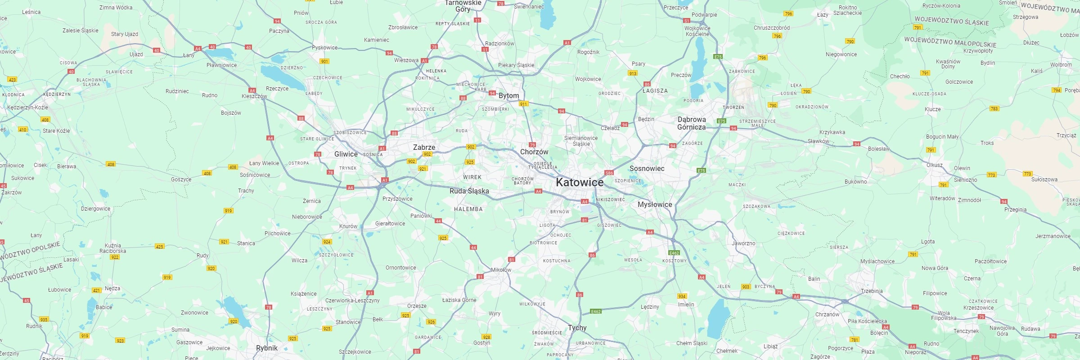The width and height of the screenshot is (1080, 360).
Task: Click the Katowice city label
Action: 580,182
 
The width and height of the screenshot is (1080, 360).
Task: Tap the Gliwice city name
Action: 346,154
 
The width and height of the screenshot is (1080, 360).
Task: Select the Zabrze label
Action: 424,147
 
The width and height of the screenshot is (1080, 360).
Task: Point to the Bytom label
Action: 508,95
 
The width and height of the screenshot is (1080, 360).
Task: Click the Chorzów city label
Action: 534,152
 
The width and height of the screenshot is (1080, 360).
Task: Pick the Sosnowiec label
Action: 647,168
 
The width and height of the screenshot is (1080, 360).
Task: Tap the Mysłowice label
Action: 655,204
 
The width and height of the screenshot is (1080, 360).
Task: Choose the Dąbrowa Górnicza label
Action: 692,123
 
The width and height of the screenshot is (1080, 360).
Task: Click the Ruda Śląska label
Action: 469,191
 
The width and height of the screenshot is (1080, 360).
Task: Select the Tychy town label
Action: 577,328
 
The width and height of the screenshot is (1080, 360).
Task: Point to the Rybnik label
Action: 267,348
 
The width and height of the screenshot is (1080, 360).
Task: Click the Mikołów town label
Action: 501,270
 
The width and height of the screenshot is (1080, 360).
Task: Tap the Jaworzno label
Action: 743,243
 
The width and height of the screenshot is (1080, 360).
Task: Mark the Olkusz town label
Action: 934,165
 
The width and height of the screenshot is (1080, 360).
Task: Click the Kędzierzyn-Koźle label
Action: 27,108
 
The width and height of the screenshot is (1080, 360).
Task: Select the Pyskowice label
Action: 324,48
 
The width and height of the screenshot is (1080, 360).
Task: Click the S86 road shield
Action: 609,173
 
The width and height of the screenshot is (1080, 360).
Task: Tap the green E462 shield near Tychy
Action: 596,311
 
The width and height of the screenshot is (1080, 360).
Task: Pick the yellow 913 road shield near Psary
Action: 633,73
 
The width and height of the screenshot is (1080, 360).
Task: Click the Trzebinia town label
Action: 872,291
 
